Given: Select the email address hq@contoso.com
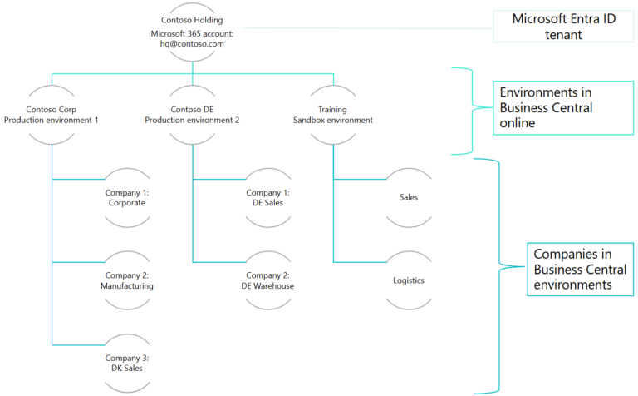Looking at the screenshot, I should point(193,44).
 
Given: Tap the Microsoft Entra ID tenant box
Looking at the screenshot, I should point(557,26).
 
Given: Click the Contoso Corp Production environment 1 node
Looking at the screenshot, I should point(51,114).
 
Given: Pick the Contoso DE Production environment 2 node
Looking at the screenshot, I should point(192,114).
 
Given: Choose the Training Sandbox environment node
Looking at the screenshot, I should point(333,114).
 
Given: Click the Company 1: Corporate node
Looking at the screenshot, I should point(126,197).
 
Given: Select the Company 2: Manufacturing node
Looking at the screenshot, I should point(126,280).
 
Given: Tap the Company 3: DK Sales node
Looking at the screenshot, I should point(126,363).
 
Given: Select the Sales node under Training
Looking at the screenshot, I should point(409,197).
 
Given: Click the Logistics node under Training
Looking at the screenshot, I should point(409,280).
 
